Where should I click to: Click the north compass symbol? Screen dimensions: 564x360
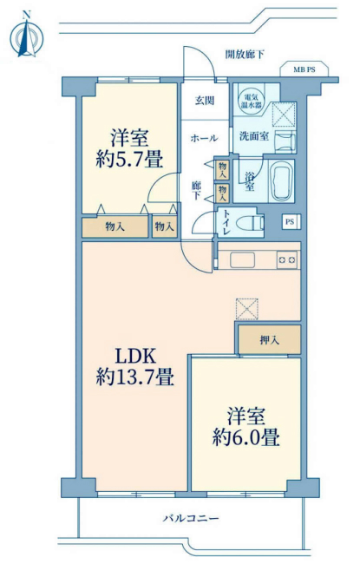26,36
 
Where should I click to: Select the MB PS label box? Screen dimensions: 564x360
303,69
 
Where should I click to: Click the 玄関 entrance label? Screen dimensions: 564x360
205,98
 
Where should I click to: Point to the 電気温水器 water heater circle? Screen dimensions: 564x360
252,101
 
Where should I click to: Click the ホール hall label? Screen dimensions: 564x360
204,138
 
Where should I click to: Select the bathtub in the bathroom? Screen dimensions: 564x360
281,181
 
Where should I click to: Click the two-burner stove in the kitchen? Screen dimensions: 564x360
288,259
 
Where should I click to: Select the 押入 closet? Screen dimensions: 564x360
268,338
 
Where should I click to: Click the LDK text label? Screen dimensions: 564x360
134,356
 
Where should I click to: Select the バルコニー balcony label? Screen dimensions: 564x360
191,519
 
